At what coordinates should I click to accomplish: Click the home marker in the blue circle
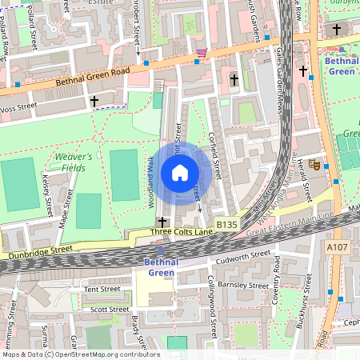coord(180,173)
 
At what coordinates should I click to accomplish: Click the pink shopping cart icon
coord(202,53)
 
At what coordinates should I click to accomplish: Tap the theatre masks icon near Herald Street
coord(315,164)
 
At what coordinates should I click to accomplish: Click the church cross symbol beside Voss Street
coord(94,101)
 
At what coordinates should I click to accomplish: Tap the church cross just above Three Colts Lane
coord(162,221)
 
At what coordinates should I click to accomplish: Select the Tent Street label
coord(102,289)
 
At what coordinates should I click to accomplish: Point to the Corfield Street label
coord(215,154)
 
